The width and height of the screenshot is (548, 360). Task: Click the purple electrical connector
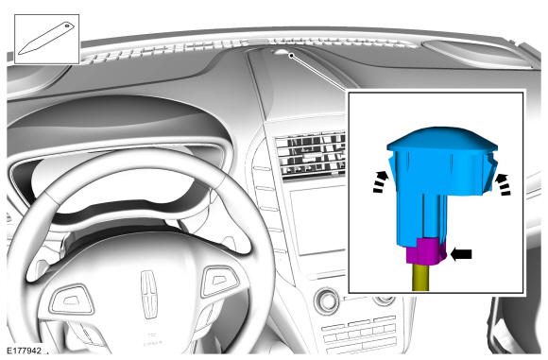pyautogui.click(x=426, y=251)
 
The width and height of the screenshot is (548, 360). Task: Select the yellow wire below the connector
pyautogui.click(x=420, y=278)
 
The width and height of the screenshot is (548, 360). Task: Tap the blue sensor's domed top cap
pyautogui.click(x=442, y=139)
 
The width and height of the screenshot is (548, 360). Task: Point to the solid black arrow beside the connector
pyautogui.click(x=461, y=254)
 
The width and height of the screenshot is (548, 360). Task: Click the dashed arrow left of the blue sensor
pyautogui.click(x=381, y=181)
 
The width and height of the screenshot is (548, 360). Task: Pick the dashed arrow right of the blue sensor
pyautogui.click(x=503, y=184)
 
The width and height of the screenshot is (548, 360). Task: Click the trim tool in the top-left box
pyautogui.click(x=46, y=39)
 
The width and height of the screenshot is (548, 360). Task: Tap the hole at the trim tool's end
pyautogui.click(x=67, y=26)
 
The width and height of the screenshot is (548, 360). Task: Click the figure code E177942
pyautogui.click(x=25, y=351)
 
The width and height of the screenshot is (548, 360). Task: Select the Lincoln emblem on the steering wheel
pyautogui.click(x=149, y=294)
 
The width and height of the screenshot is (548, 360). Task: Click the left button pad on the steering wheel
pyautogui.click(x=73, y=300)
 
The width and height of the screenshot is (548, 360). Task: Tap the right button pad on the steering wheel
pyautogui.click(x=219, y=281)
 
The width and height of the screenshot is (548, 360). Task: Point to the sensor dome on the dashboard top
pyautogui.click(x=280, y=52)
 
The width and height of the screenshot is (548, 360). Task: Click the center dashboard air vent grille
pyautogui.click(x=310, y=155)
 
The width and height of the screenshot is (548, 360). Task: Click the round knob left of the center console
pyautogui.click(x=327, y=300)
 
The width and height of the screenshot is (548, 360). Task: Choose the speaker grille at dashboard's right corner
pyautogui.click(x=479, y=53)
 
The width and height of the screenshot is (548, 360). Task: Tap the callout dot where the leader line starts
pyautogui.click(x=291, y=55)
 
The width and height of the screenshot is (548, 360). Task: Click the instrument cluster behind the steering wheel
pyautogui.click(x=115, y=181)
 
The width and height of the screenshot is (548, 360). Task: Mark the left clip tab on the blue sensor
pyautogui.click(x=392, y=168)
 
